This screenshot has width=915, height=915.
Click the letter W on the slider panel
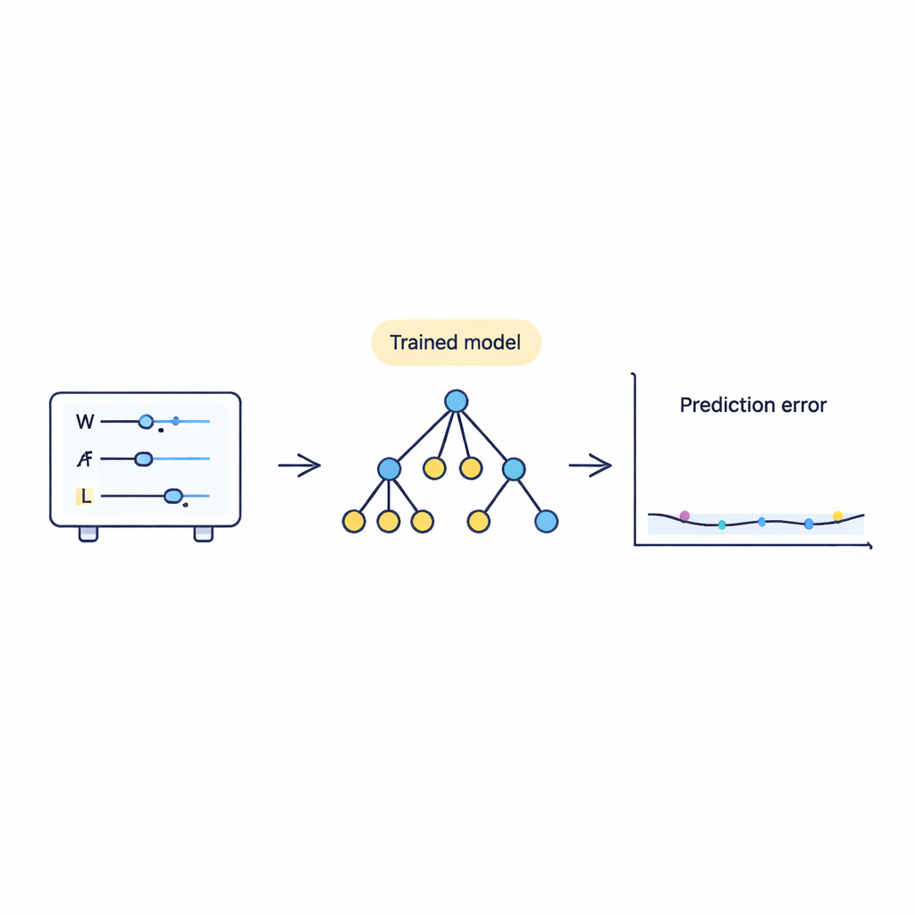[x=85, y=420]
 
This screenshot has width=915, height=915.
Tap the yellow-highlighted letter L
[x=85, y=496]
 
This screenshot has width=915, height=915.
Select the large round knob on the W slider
[x=146, y=420]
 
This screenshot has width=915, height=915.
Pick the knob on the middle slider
[x=142, y=459]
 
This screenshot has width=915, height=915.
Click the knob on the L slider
[x=172, y=496]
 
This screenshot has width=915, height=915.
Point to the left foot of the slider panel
[x=88, y=533]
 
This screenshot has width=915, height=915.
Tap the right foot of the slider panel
[x=204, y=533]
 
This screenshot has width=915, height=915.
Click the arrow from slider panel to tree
[x=299, y=465]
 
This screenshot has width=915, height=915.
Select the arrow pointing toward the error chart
[x=591, y=465]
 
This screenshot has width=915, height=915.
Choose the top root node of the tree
[x=456, y=401]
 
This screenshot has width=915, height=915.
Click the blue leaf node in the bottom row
[x=545, y=521]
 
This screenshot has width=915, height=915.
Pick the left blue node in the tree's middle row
[x=389, y=467]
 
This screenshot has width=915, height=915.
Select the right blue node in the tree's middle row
[x=514, y=467]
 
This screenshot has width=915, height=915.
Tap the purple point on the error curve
[x=684, y=516]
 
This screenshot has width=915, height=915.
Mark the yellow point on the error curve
[x=837, y=516]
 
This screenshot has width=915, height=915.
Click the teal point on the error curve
[x=722, y=525]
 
